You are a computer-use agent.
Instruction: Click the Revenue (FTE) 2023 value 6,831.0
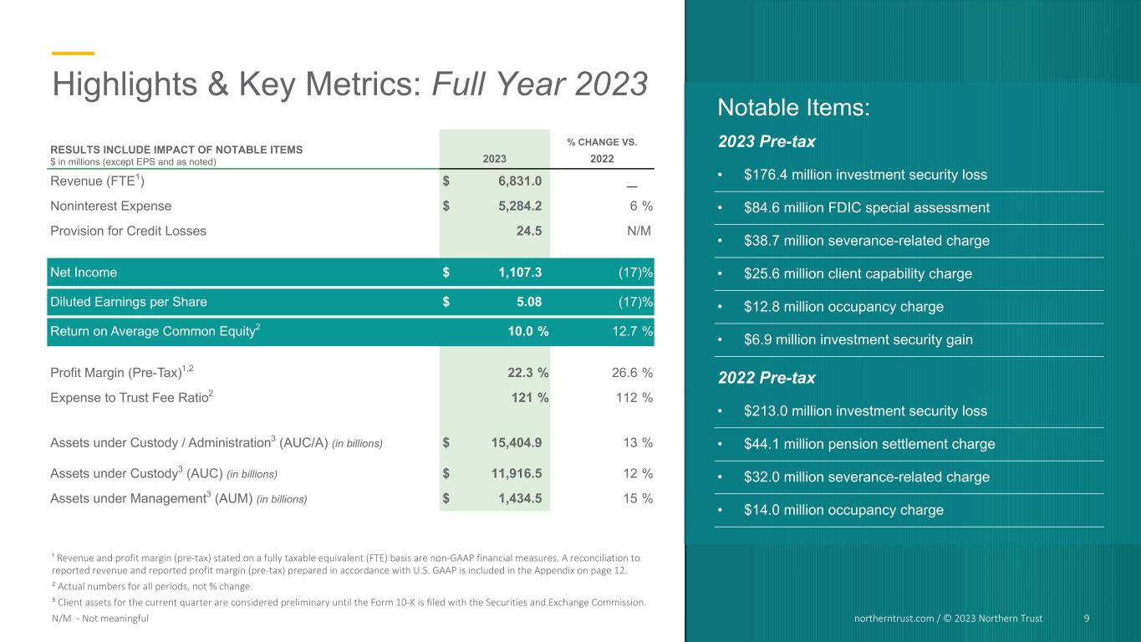520,181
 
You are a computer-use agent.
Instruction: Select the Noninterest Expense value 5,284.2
520,206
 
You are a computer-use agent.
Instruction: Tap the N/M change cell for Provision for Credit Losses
639,231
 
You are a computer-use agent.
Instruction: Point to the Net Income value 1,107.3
520,272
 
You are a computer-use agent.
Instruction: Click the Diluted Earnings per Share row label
129,302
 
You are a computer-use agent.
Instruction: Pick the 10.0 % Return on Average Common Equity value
527,331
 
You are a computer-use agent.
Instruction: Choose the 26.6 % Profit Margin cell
632,373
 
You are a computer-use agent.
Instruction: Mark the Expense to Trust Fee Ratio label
131,397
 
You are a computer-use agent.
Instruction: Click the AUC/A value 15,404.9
516,442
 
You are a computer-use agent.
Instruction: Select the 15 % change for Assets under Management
637,498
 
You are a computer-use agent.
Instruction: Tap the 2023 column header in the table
494,159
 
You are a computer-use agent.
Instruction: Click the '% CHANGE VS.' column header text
602,142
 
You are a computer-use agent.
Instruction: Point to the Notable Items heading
793,108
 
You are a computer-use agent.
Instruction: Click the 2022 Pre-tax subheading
766,378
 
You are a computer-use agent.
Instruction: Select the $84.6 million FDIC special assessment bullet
866,207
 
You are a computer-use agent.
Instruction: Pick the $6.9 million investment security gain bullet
858,339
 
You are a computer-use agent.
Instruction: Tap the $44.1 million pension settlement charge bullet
869,444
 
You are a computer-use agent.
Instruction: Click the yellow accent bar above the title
73,53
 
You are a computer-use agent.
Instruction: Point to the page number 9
1086,618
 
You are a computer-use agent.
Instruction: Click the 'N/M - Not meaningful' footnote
99,618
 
